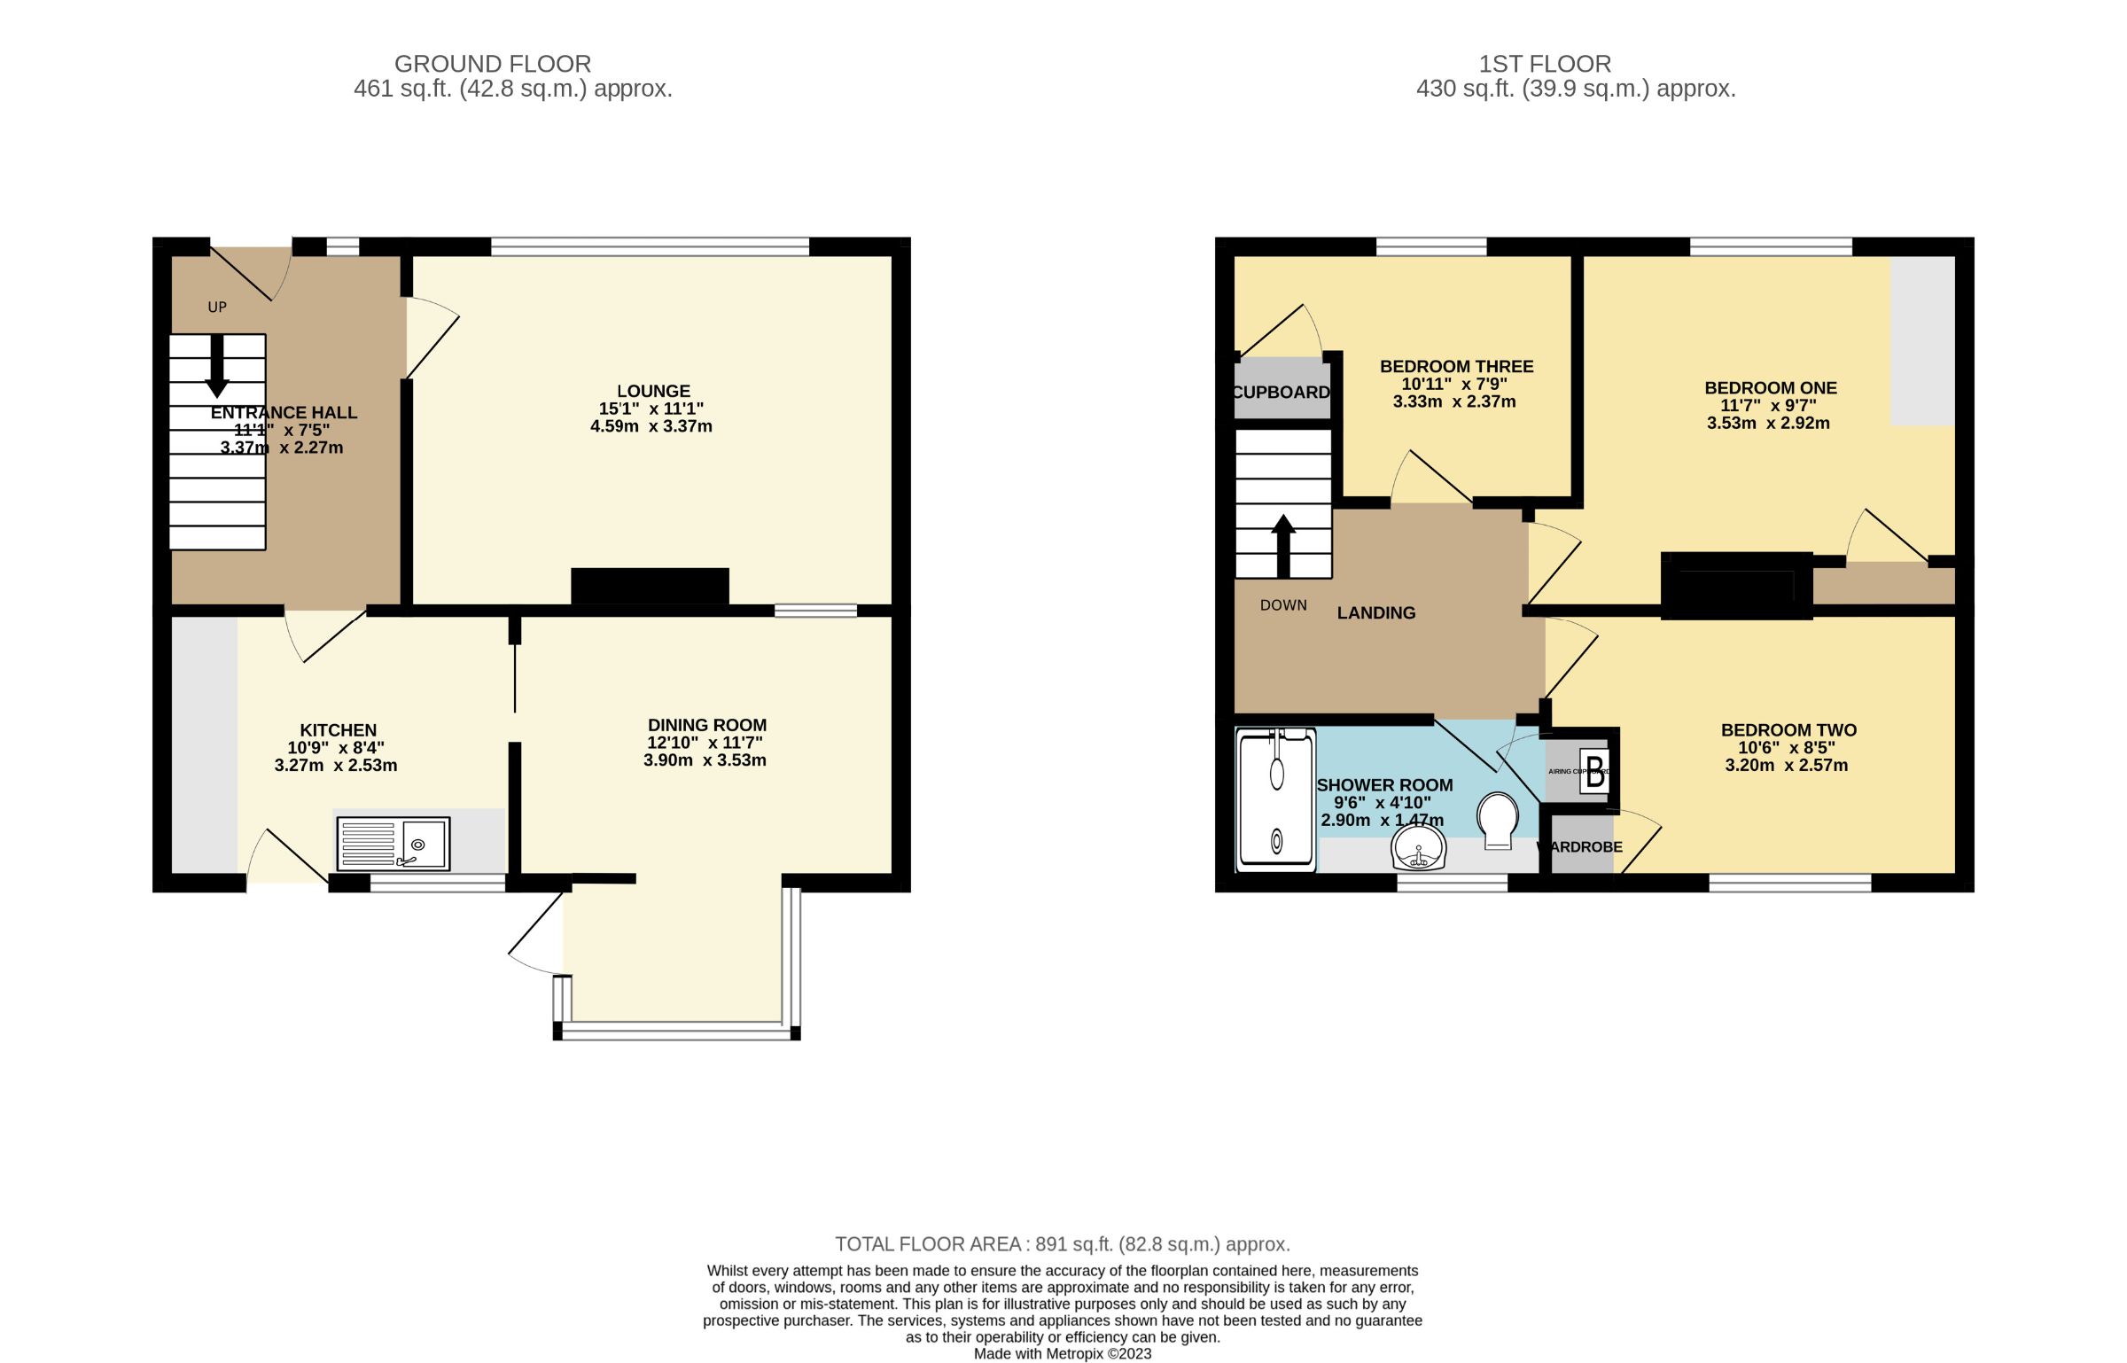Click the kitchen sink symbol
393,843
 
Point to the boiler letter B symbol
1595,769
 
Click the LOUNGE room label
653,391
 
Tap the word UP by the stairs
217,308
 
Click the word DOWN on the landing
1283,605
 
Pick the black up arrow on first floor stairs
1283,542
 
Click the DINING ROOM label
706,725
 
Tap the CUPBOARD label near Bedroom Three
1281,392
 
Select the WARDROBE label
1583,847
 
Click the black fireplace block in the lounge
650,587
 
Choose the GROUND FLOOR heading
493,64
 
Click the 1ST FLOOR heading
1545,64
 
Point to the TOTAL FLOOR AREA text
1062,1244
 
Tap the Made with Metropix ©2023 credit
1062,1353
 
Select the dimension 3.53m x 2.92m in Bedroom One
1768,423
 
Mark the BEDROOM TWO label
1788,730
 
